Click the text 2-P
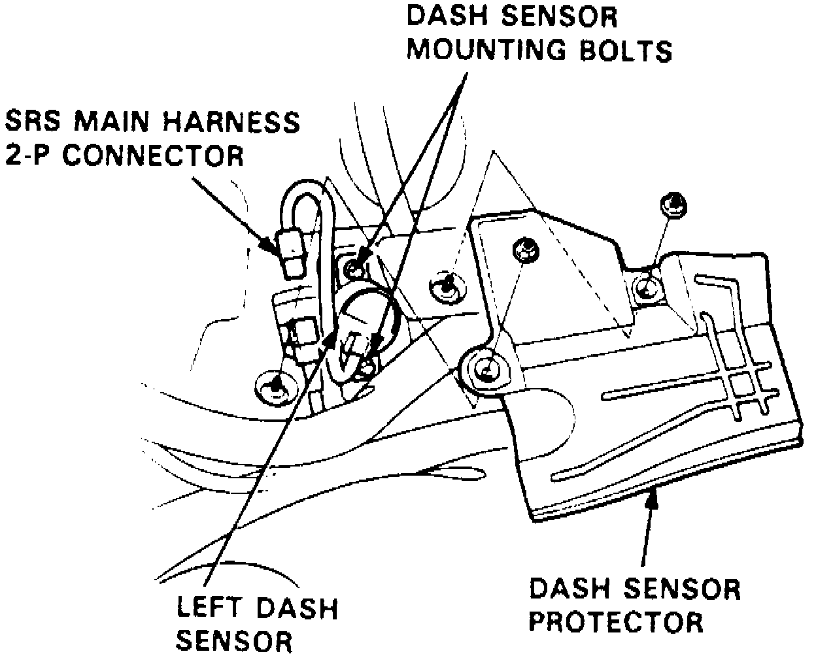coord(29,156)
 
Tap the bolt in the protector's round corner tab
coord(485,369)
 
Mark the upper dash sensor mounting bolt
coord(354,267)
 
